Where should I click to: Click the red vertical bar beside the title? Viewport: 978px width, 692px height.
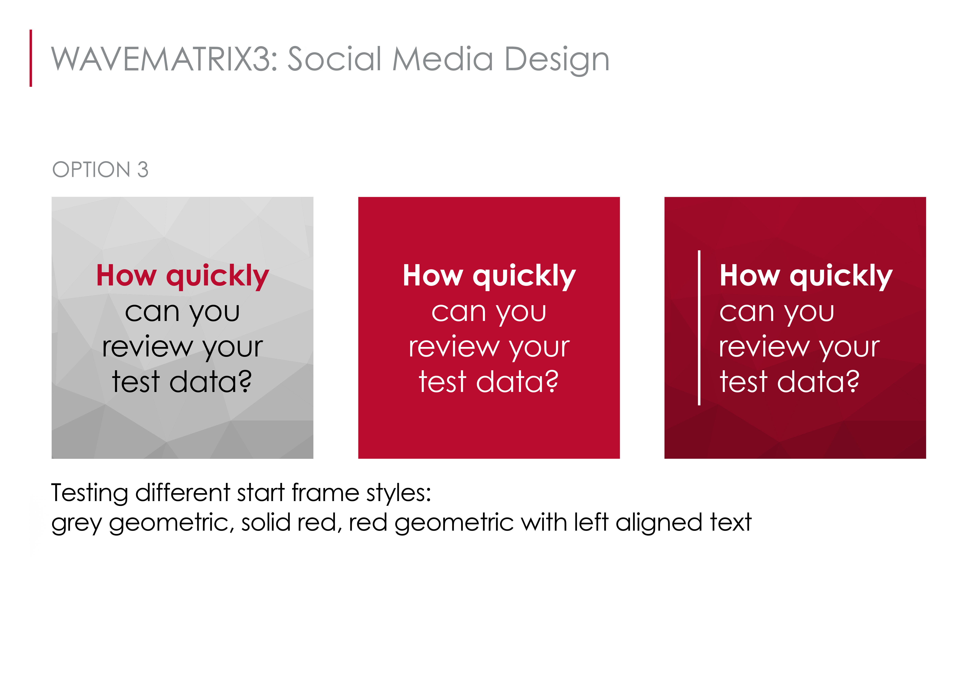click(31, 58)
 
